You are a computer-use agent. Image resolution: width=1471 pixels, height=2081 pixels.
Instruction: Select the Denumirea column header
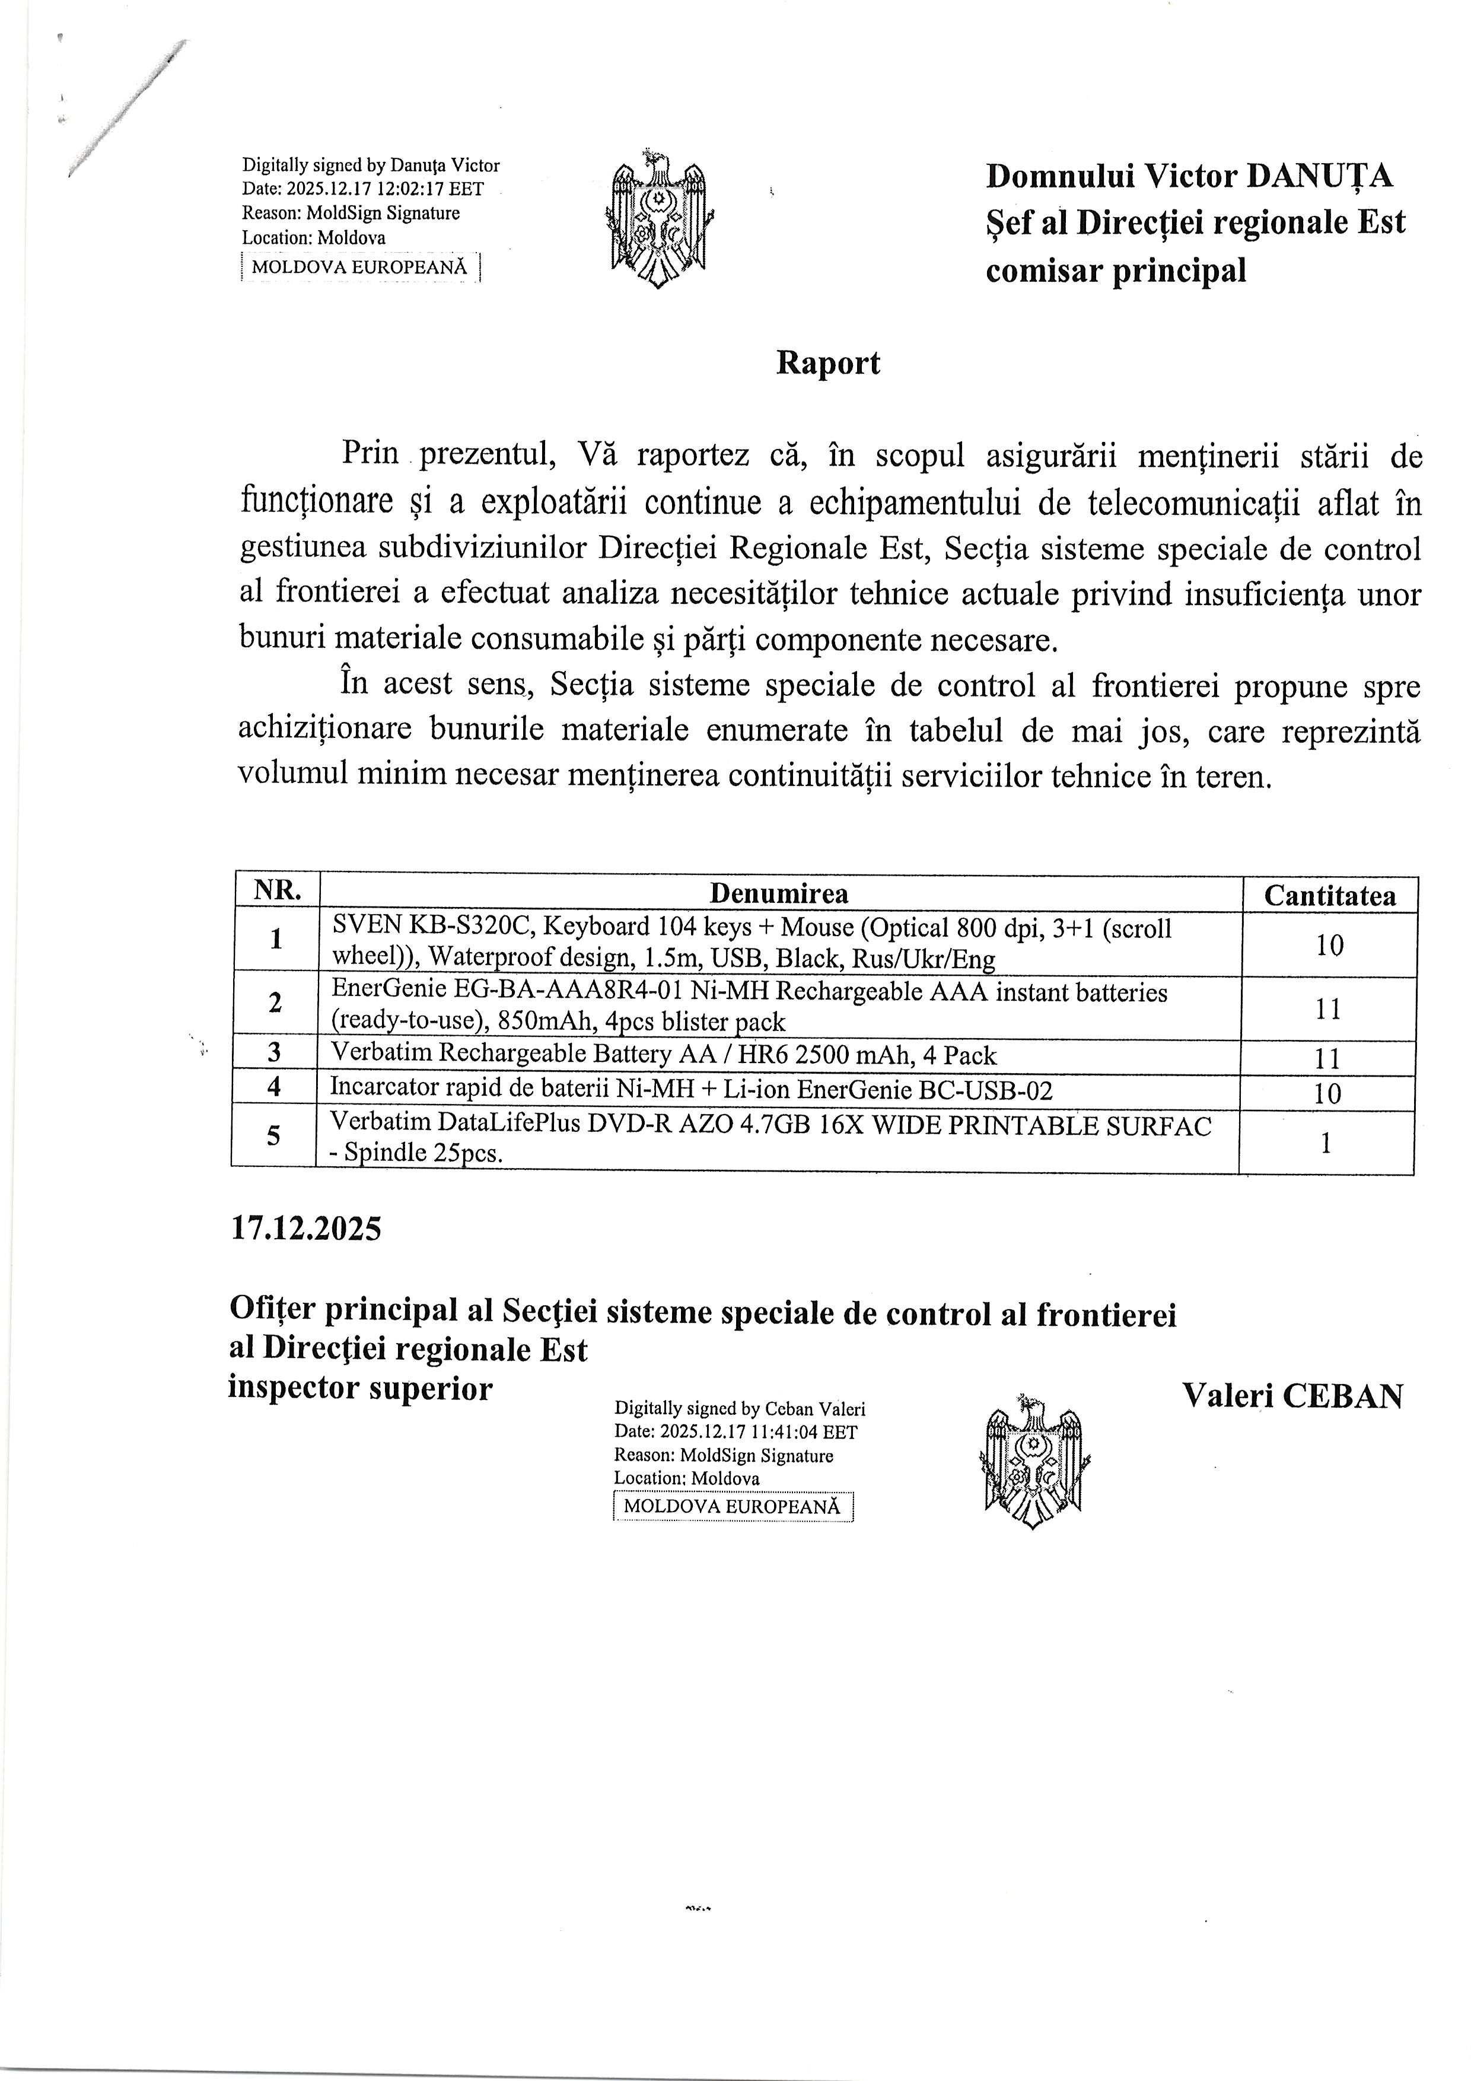[x=779, y=893]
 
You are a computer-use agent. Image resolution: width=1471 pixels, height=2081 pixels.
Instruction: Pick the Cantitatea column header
[x=1329, y=896]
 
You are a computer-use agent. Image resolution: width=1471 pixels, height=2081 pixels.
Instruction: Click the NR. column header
[x=278, y=891]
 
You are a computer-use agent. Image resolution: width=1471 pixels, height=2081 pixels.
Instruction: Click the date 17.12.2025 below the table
[x=306, y=1229]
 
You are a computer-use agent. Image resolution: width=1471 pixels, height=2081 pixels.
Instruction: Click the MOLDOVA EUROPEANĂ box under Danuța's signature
[x=360, y=268]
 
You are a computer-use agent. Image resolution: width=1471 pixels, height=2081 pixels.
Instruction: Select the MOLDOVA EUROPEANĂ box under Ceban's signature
[x=733, y=1506]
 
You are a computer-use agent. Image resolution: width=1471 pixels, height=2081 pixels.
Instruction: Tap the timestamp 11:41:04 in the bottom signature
[x=779, y=1432]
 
